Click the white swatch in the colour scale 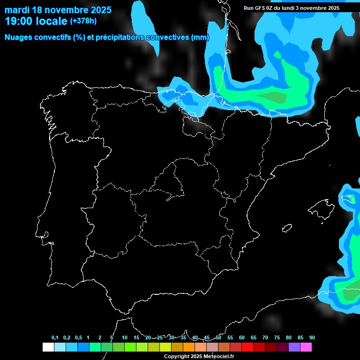pos(48,347)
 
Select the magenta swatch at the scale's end pos(306,347)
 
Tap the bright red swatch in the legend pos(247,347)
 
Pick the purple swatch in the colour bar pos(294,347)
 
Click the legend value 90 pos(312,337)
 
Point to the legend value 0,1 pos(55,337)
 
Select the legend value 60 pos(242,337)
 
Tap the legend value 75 pos(277,337)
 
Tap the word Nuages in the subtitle pos(18,37)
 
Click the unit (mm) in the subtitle pos(200,37)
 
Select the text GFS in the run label pos(259,8)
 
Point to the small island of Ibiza pos(287,228)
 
